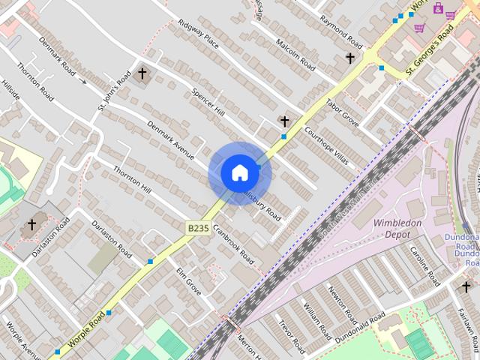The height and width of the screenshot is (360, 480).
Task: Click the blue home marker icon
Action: (239, 172)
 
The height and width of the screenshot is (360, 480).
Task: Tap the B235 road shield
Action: (197, 226)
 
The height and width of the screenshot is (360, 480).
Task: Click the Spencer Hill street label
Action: (208, 102)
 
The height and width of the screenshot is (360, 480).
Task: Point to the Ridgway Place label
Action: (198, 34)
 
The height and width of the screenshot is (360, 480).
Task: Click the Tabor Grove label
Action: (342, 112)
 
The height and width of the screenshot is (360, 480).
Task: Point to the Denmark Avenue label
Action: (170, 140)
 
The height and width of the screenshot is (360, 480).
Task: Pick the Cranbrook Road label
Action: (233, 244)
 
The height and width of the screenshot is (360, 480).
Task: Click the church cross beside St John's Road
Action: (142, 73)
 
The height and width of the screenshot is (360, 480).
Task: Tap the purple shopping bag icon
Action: (437, 10)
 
